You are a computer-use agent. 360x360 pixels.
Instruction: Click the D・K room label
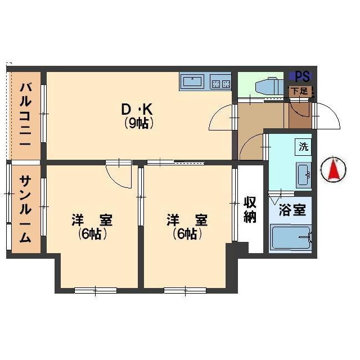click(x=137, y=110)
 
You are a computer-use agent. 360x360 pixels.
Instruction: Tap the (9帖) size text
click(x=139, y=123)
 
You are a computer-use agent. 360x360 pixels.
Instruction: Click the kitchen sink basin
click(x=192, y=81)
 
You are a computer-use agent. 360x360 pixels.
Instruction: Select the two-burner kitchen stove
click(x=220, y=82)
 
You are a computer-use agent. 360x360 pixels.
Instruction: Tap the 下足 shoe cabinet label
click(x=299, y=91)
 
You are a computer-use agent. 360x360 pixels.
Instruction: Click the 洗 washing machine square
click(x=303, y=147)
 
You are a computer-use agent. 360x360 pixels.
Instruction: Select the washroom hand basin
click(x=304, y=174)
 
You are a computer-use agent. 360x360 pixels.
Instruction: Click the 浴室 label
click(x=292, y=210)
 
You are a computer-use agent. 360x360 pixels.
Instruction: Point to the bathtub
click(x=291, y=238)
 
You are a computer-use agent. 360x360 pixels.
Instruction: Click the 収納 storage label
click(x=250, y=209)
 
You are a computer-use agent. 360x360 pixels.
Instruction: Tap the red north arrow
click(x=334, y=169)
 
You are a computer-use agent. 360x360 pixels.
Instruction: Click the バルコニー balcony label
click(x=25, y=115)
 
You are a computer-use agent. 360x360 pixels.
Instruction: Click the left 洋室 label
click(x=92, y=220)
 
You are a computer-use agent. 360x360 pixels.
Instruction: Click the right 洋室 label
click(x=187, y=220)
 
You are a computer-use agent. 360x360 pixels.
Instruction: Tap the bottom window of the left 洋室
click(x=96, y=290)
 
